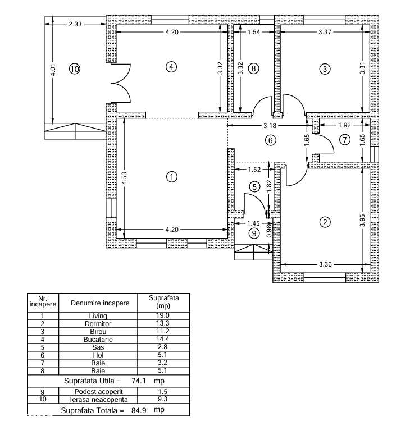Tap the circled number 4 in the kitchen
click(171, 67)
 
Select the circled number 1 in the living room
click(171, 177)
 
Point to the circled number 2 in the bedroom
click(325, 222)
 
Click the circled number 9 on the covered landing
click(254, 233)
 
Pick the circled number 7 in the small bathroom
click(344, 139)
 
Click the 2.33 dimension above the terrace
click(75, 24)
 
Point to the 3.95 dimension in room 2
click(363, 221)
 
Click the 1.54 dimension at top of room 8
click(254, 33)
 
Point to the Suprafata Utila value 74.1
click(137, 380)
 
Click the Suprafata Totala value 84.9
click(137, 410)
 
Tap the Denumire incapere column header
click(100, 303)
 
